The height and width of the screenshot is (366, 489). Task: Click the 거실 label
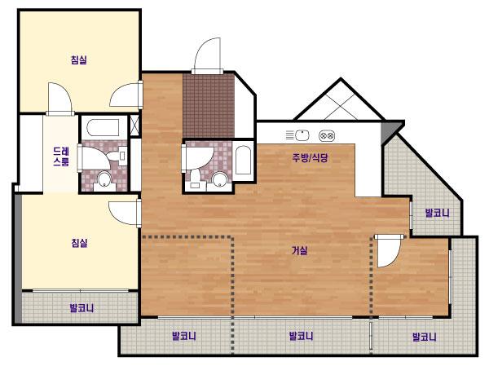click(x=300, y=250)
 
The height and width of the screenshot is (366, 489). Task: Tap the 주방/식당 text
click(x=310, y=157)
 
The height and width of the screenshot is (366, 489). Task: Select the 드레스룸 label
click(x=61, y=157)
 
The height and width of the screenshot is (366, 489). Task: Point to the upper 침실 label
click(x=79, y=60)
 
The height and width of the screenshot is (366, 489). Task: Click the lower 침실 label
click(x=79, y=242)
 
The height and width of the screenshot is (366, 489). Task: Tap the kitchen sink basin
click(x=302, y=135)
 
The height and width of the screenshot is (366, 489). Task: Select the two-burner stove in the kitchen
click(x=327, y=136)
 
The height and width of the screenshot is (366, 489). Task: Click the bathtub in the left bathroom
click(x=104, y=128)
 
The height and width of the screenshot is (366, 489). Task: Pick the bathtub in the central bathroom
click(x=243, y=160)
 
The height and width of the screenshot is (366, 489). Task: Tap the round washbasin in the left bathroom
click(x=104, y=179)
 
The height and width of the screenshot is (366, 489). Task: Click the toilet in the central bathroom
click(x=196, y=179)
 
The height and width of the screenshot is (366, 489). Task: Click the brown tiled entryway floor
click(x=209, y=106)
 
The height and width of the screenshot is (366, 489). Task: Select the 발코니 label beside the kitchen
click(x=437, y=213)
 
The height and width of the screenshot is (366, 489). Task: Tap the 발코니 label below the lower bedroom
click(x=81, y=308)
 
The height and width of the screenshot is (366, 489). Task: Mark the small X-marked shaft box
click(x=134, y=126)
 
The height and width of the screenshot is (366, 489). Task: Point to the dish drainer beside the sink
click(x=289, y=135)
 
